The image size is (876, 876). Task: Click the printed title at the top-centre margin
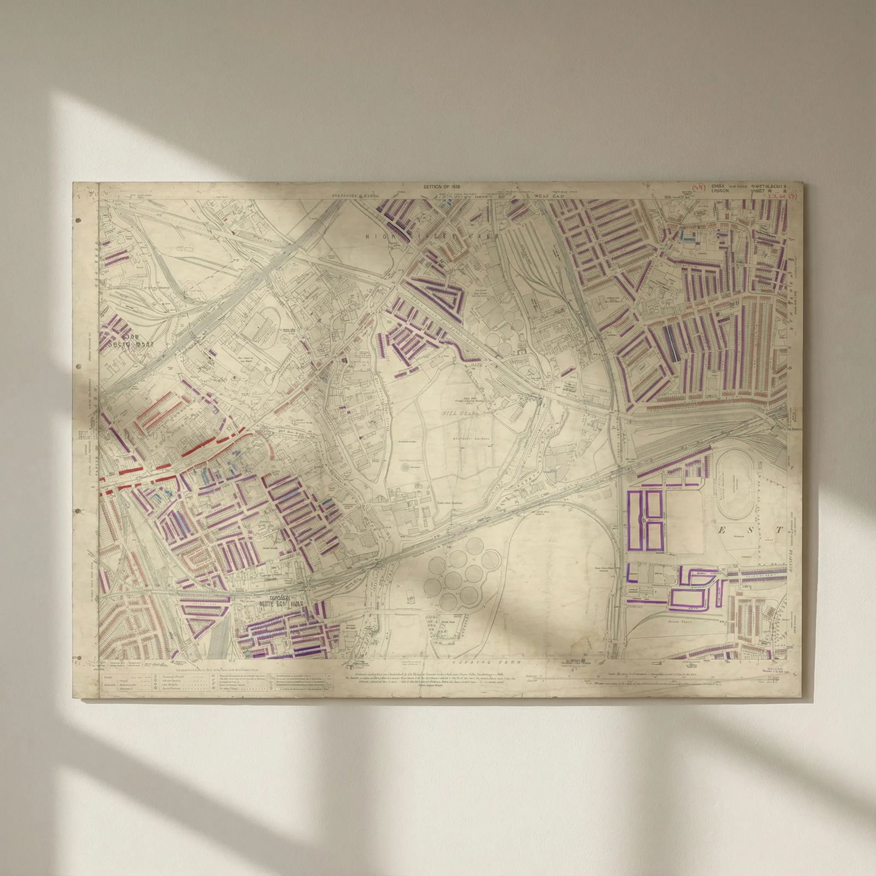point(440,187)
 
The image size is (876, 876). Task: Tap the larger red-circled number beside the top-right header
point(698,188)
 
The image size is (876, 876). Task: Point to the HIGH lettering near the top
point(377,236)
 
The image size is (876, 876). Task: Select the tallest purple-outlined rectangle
point(636,520)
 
